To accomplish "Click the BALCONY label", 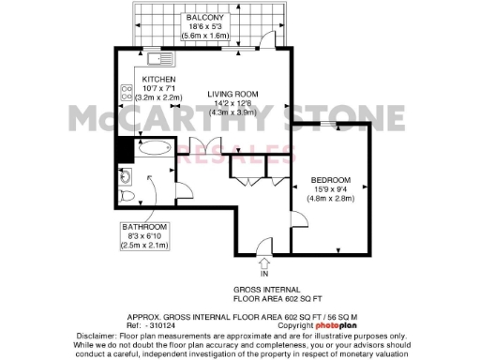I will click(x=203, y=16).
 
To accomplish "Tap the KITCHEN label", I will click(x=158, y=80).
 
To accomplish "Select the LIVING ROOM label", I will click(x=232, y=95).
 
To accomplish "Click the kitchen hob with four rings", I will click(x=124, y=93).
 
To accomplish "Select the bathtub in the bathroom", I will click(x=152, y=148).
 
